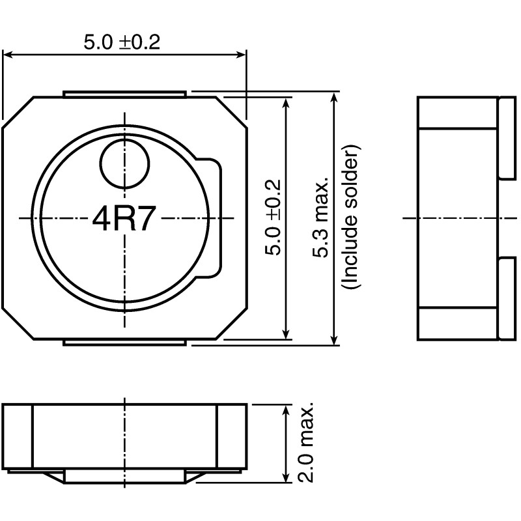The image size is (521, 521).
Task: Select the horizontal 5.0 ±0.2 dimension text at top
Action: coord(122,42)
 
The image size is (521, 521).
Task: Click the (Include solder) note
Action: coord(351,218)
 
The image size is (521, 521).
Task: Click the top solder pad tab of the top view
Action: coord(125,94)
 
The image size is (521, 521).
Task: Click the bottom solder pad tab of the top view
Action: coord(125,342)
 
